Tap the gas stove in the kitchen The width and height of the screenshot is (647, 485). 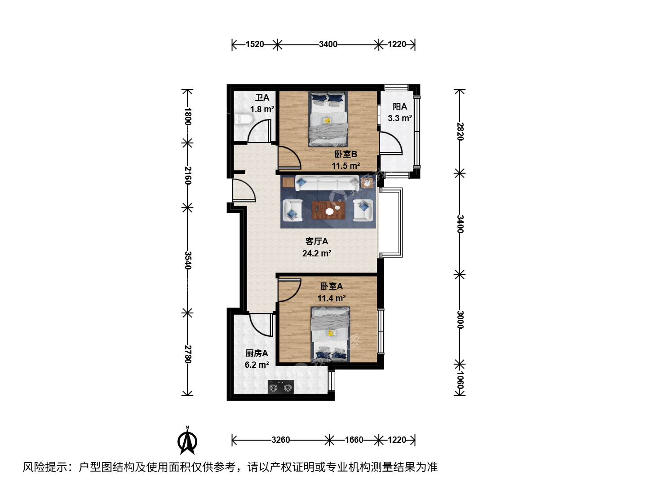[281, 387]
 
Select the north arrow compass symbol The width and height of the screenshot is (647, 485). [187, 440]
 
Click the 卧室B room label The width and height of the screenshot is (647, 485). [346, 154]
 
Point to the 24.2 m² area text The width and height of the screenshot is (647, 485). [317, 253]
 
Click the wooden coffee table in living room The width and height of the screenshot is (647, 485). [328, 210]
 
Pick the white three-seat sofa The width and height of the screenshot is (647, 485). [327, 183]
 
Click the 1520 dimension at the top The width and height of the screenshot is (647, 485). [255, 44]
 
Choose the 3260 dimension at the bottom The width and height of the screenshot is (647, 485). [281, 440]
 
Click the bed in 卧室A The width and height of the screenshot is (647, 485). [330, 335]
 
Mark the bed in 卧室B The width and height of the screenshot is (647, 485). [328, 119]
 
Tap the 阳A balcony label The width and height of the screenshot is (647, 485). [400, 106]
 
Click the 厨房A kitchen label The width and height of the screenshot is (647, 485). [257, 353]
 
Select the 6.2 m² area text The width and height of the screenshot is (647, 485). [257, 365]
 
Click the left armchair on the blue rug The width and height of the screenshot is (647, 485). [292, 210]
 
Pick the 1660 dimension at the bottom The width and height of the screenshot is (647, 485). [354, 440]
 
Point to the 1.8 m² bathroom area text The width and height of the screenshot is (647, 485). [262, 109]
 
